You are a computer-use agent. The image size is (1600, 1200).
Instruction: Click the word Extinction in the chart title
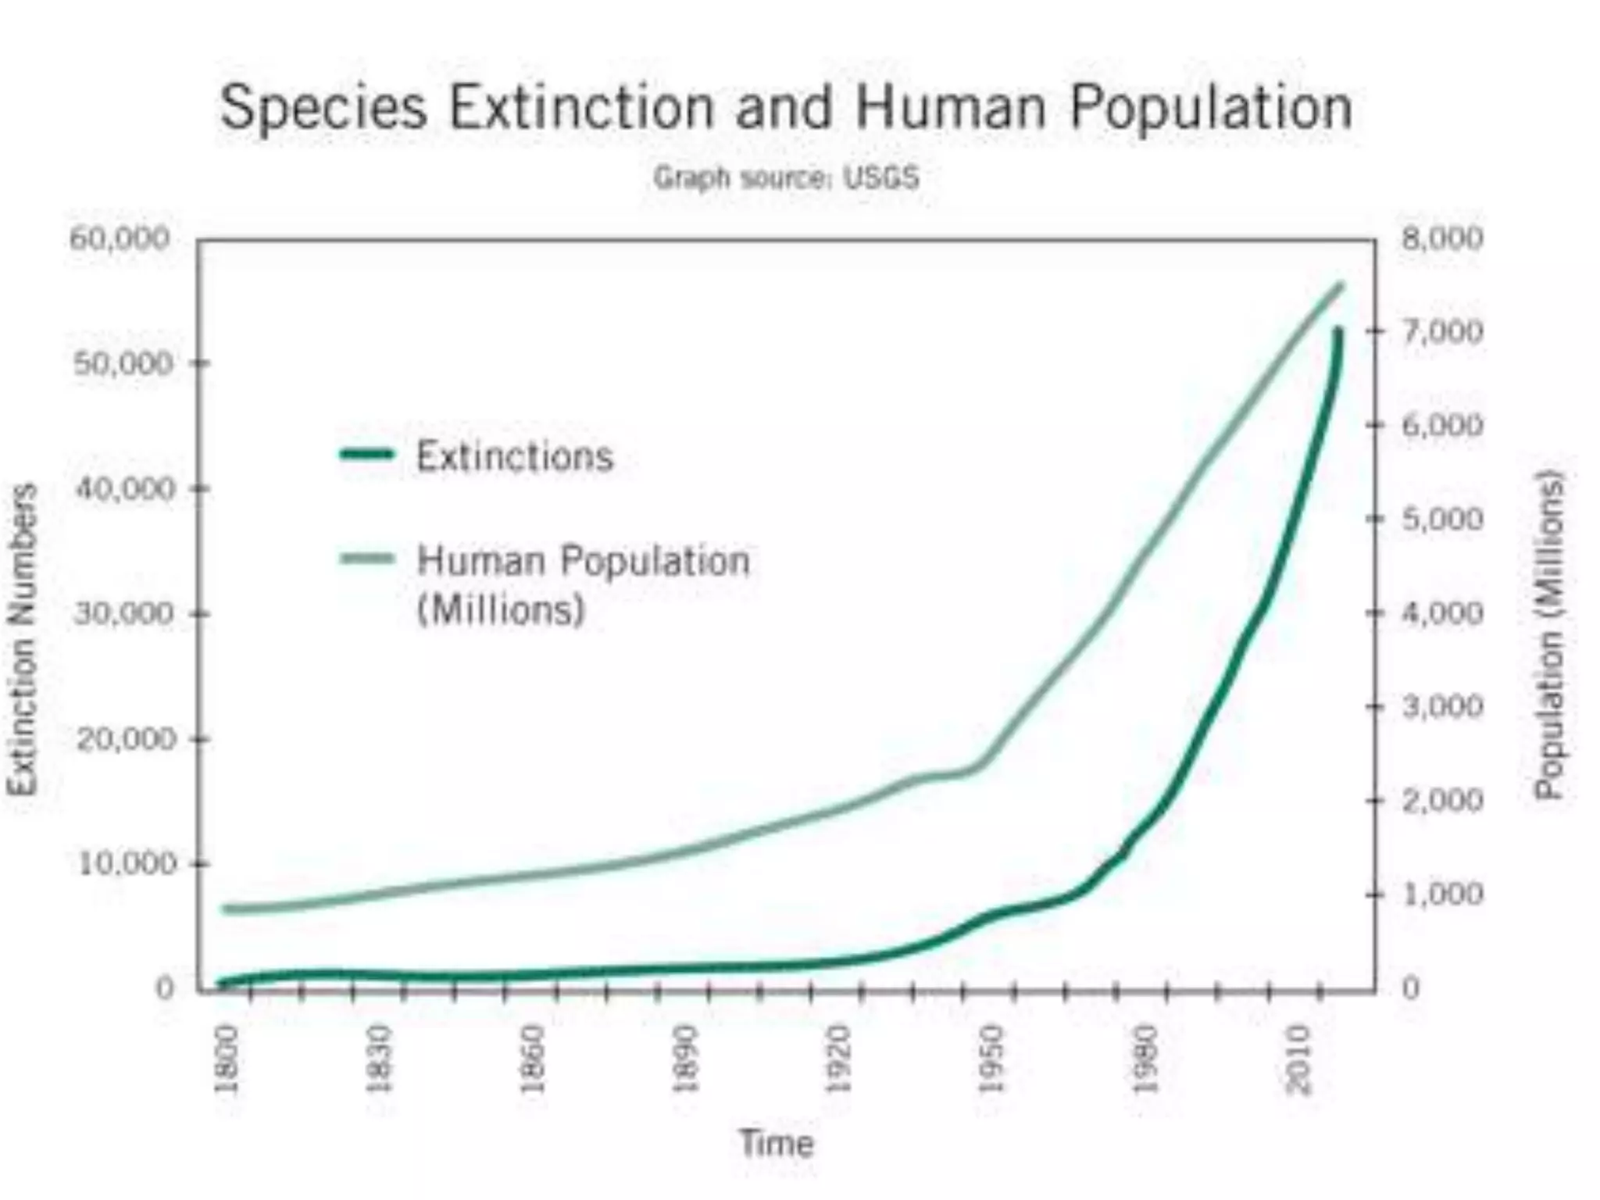pos(581,108)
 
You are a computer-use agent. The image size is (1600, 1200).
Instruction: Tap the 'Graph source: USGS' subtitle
pos(786,178)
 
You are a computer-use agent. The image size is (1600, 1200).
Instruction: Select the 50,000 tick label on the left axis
pos(123,364)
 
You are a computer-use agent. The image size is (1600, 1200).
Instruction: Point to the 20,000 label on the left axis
pos(125,738)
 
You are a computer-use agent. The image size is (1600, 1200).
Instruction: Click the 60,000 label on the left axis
pos(120,238)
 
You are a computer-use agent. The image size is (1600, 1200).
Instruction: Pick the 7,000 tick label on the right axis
pos(1442,331)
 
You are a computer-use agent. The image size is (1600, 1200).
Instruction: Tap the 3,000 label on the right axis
pos(1442,706)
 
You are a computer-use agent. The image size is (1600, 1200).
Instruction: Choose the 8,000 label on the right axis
pos(1442,238)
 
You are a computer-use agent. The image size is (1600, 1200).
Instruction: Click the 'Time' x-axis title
pos(777,1144)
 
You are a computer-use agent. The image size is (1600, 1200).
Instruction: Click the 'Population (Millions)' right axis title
pos(1548,634)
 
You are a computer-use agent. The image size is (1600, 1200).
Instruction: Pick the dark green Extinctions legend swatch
pos(366,454)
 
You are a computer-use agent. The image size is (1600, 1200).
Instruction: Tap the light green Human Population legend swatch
pos(366,558)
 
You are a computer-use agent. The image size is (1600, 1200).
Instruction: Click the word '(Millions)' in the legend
pos(501,609)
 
